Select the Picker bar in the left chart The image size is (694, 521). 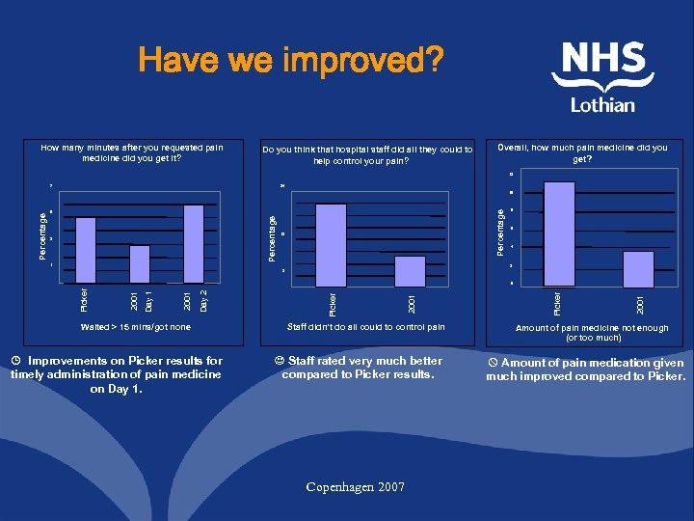click(86, 250)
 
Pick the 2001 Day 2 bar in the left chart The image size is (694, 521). click(193, 244)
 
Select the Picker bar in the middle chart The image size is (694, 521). click(331, 245)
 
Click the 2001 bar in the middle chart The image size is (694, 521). click(410, 270)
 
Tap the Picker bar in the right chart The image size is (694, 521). click(559, 234)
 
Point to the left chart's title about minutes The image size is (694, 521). click(131, 152)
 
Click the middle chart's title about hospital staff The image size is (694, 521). click(368, 154)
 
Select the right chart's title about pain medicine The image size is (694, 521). click(582, 152)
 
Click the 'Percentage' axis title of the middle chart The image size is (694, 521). click(273, 237)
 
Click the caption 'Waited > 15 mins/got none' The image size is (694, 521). click(136, 327)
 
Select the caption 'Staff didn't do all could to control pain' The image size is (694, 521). click(367, 327)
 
